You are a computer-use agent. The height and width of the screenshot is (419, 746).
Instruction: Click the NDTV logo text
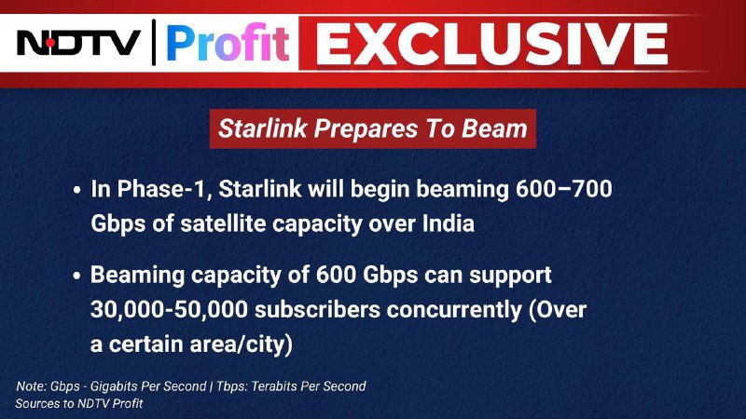coord(78,43)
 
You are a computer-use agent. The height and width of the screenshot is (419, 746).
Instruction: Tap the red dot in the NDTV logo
coord(50,43)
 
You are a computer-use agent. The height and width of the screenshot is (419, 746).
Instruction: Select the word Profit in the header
coord(228,43)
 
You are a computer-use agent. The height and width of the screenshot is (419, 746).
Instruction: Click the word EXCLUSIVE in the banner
coord(491,44)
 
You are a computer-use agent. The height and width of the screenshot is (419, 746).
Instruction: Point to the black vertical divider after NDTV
coord(154,42)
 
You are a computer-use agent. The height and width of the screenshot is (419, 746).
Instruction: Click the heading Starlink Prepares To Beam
coord(373,128)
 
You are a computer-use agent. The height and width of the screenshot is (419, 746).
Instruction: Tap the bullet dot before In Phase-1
coord(77,191)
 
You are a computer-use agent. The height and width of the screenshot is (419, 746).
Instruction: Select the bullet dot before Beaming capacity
coord(77,276)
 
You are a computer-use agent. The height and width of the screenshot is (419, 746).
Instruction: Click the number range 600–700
coord(564,189)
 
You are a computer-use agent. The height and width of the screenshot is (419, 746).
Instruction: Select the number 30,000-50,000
coord(169,310)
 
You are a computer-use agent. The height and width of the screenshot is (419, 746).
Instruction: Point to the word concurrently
coord(454,310)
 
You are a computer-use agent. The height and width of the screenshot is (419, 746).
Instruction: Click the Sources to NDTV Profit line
coord(79,404)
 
